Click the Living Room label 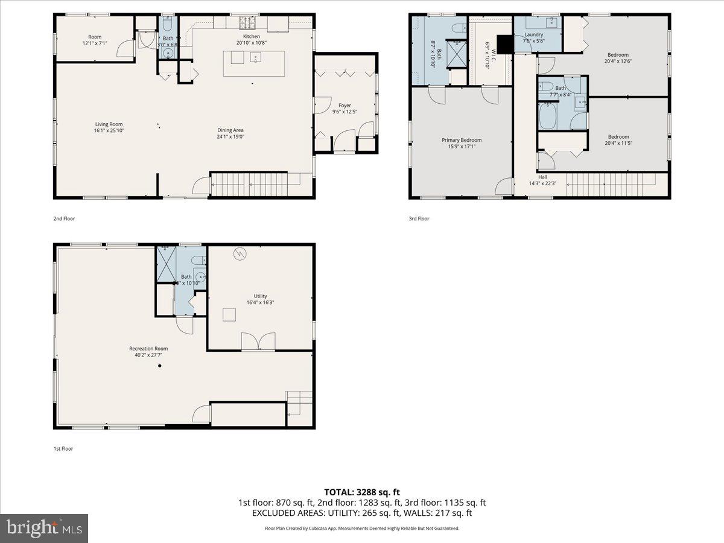click(x=109, y=124)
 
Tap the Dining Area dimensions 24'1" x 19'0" click(x=231, y=136)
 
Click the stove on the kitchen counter click(x=248, y=22)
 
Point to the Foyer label click(x=345, y=105)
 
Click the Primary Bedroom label click(x=462, y=140)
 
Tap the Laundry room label click(x=533, y=34)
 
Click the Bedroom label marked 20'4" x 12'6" click(x=618, y=55)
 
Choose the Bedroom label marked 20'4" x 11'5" click(x=618, y=136)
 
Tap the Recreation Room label click(x=148, y=348)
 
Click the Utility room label click(x=260, y=296)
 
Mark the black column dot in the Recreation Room click(x=160, y=366)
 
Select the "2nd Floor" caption click(x=64, y=218)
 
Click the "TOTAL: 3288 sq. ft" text click(x=362, y=492)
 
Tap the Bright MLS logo click(x=44, y=529)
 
